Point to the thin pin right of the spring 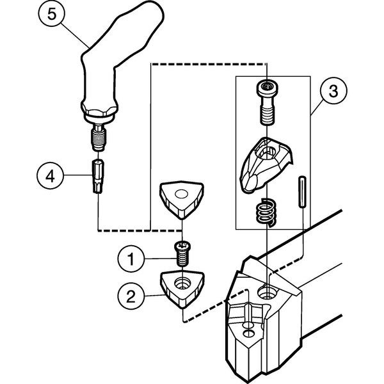click(x=301, y=191)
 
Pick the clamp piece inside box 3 click(x=264, y=163)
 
